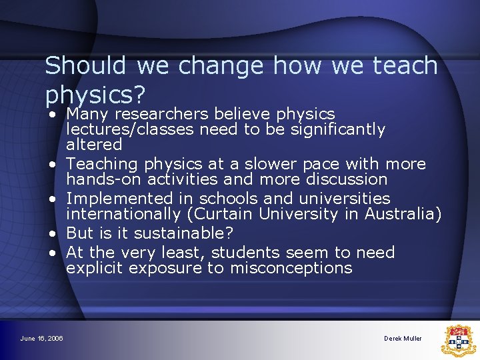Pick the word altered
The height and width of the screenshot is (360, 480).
coord(94,144)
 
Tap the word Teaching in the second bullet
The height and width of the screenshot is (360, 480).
coord(109,163)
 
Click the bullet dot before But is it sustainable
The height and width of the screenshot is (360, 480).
coord(53,234)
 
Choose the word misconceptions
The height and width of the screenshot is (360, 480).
coord(291,268)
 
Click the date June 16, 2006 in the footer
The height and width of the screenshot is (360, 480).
coord(41,339)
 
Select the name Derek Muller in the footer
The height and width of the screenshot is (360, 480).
coord(403,339)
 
